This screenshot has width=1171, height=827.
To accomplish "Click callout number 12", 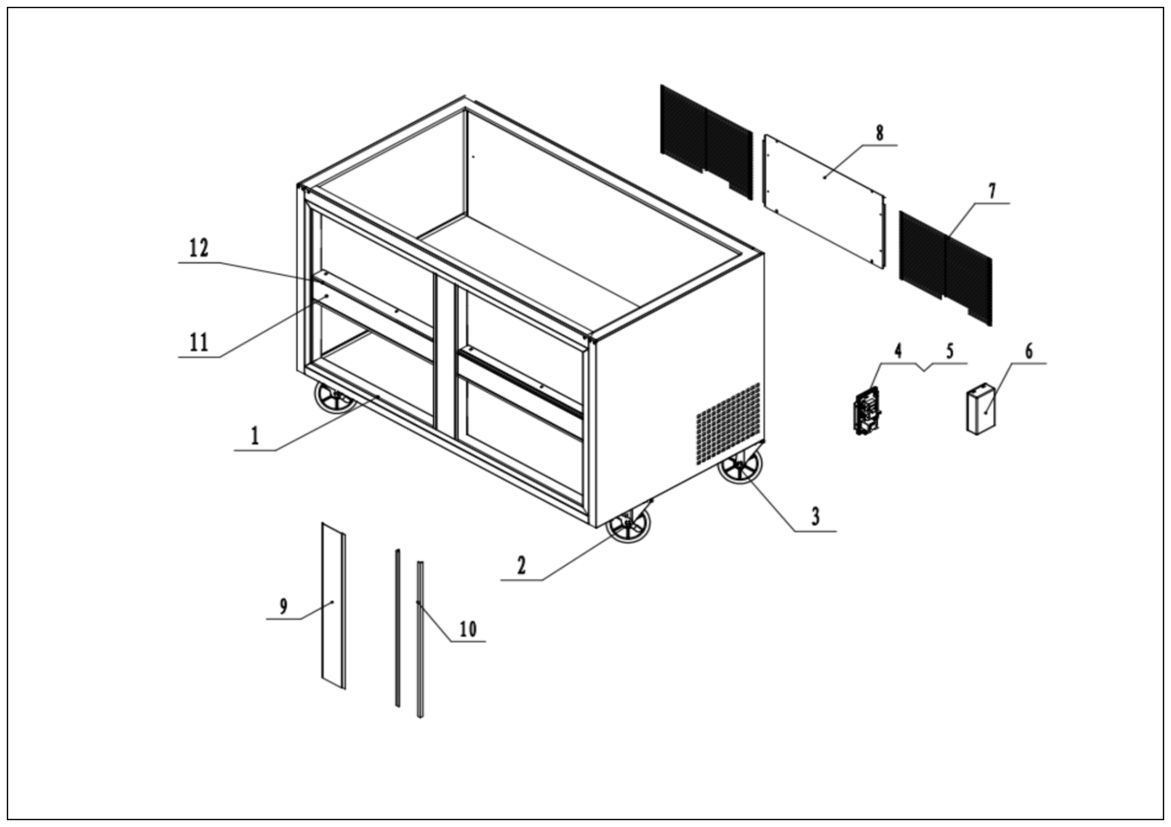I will [199, 249].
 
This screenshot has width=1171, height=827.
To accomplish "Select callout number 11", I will [199, 342].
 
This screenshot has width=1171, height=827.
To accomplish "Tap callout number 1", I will [255, 436].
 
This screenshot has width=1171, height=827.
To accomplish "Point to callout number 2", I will [521, 566].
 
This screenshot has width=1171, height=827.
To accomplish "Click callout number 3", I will [815, 517].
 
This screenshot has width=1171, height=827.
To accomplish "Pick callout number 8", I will [879, 133].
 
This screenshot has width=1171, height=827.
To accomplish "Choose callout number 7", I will [992, 191].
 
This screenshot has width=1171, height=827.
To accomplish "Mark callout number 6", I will [1029, 351].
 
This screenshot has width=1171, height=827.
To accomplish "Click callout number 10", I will [468, 629].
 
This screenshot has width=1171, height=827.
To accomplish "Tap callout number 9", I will [283, 606].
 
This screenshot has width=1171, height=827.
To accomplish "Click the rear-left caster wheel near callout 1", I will [334, 398].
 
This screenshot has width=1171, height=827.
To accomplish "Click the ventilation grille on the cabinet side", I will [728, 423].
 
